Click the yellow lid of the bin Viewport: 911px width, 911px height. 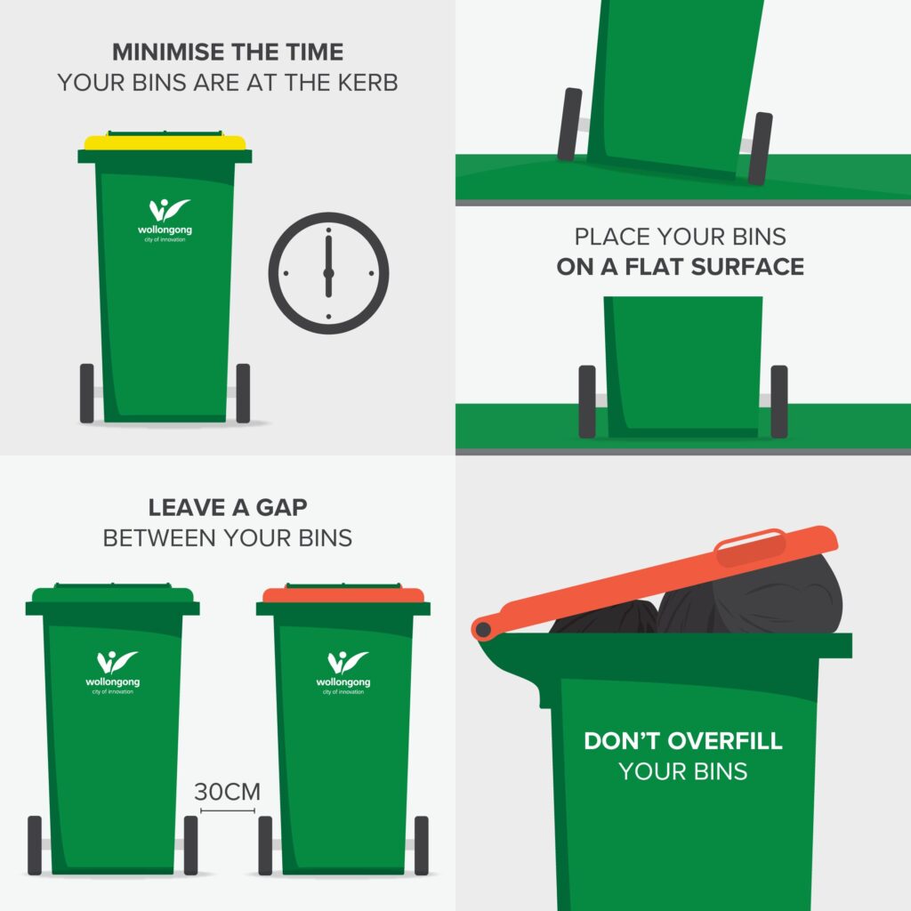pyautogui.click(x=165, y=141)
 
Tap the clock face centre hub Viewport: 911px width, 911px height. pyautogui.click(x=328, y=273)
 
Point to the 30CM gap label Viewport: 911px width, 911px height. pyautogui.click(x=227, y=792)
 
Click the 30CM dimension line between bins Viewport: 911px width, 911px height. pyautogui.click(x=227, y=810)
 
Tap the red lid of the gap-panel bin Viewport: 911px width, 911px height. pyautogui.click(x=343, y=595)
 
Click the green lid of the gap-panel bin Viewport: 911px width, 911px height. pyautogui.click(x=113, y=595)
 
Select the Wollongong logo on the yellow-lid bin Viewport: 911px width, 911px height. pyautogui.click(x=165, y=221)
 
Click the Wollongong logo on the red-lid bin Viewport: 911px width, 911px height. pyautogui.click(x=343, y=673)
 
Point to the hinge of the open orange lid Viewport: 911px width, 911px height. pyautogui.click(x=483, y=629)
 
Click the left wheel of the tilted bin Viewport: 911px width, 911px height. pyautogui.click(x=569, y=124)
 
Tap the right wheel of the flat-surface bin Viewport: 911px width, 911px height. pyautogui.click(x=779, y=401)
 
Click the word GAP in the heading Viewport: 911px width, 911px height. pyautogui.click(x=282, y=508)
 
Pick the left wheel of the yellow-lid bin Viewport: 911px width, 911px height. pyautogui.click(x=86, y=393)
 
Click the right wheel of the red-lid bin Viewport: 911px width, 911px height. pyautogui.click(x=421, y=845)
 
